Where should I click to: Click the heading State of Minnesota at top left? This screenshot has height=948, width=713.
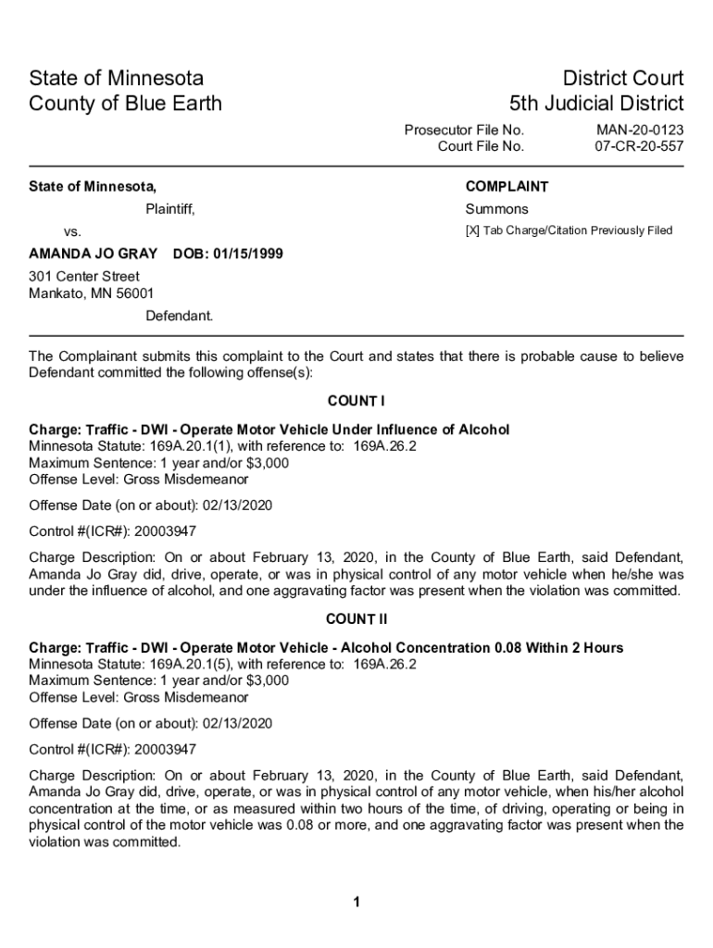point(116,78)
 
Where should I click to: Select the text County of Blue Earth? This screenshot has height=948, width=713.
point(125,103)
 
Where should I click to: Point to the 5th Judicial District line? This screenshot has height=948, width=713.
point(596,103)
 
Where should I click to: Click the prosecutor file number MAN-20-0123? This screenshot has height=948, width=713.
point(639,130)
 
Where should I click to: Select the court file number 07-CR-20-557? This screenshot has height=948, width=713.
point(639,146)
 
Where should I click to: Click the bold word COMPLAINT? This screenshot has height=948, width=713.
point(507,187)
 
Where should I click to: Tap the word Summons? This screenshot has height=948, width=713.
point(496,209)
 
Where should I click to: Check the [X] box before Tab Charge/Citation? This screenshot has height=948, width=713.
point(472,231)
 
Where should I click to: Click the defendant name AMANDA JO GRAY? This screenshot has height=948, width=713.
point(93,254)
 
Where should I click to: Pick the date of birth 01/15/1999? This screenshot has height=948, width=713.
point(246,254)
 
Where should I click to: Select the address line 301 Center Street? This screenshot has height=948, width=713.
point(84,277)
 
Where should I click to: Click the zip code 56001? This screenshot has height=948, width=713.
point(135,294)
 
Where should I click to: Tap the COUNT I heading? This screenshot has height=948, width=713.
point(356,401)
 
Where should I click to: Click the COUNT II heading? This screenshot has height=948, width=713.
point(356,618)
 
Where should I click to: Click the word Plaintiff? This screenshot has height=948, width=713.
point(170,209)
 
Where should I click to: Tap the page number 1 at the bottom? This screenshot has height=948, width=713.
point(356,903)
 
